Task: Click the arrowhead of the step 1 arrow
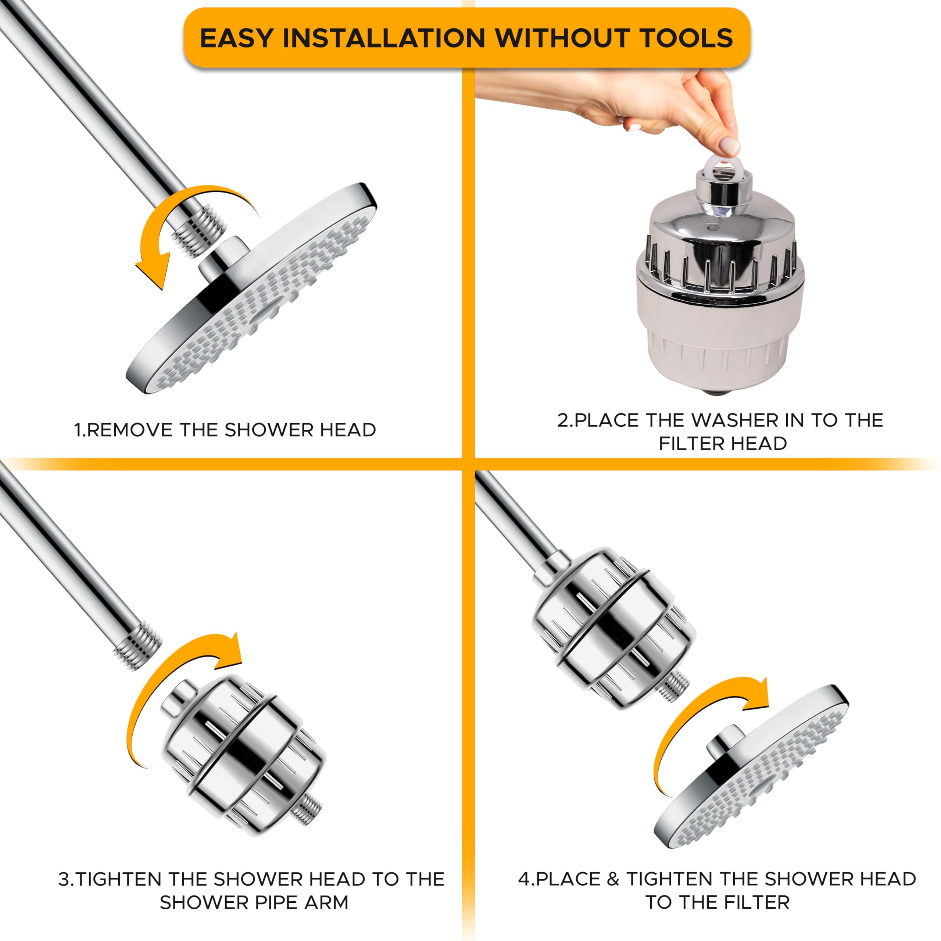(x=152, y=273)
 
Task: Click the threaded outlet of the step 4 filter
(x=674, y=684)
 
